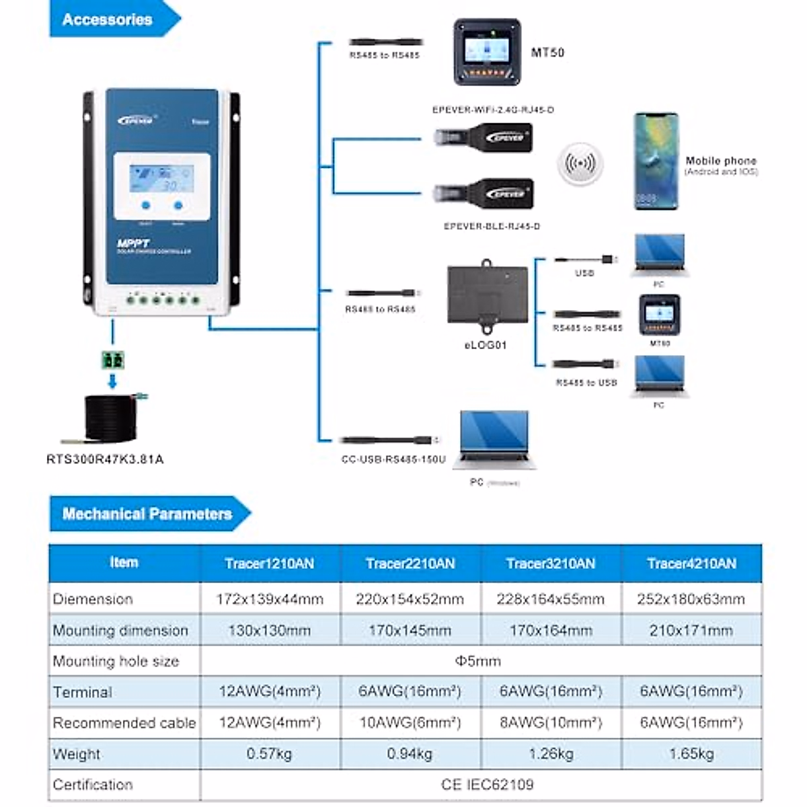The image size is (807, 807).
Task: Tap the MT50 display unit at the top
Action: pos(487,52)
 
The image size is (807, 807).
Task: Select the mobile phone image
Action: pos(656,161)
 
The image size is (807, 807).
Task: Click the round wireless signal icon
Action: pos(580,163)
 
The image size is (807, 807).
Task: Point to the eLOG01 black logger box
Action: pos(488,296)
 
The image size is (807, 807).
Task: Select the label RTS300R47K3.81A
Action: pos(105,459)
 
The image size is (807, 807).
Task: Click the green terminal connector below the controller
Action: pos(112,360)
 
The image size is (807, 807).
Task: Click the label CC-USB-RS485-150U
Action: pos(393,459)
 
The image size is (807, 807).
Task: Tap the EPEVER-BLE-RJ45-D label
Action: pos(492,227)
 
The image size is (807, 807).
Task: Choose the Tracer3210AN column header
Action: pos(551,564)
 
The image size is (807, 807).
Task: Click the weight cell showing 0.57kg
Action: pos(269,754)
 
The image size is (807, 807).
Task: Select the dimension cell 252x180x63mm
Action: pos(691,599)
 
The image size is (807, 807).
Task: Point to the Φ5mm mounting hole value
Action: pos(478,661)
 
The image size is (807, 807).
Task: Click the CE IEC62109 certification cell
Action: pos(487,785)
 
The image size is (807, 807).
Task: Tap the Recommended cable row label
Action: pos(124,723)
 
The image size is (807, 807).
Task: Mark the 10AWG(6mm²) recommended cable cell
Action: pos(410,723)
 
